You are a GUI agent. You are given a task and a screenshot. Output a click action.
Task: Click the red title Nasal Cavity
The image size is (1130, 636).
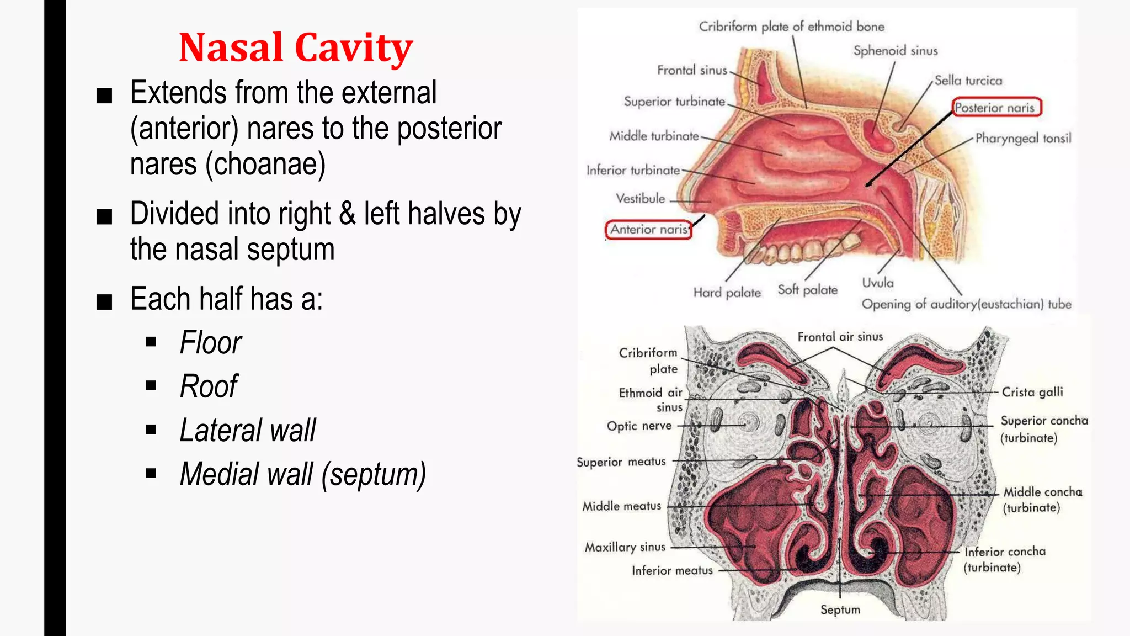coord(296,47)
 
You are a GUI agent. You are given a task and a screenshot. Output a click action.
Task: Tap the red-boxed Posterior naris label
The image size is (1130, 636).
coord(995,108)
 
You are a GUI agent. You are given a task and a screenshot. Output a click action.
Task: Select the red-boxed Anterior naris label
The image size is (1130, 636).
coord(649,230)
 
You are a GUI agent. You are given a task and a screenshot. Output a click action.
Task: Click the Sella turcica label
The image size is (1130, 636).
coord(968,81)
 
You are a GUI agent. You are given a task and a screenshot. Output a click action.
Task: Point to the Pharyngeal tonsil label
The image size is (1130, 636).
coord(1023,138)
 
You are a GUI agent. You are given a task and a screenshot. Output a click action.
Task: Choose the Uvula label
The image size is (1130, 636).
coord(877,283)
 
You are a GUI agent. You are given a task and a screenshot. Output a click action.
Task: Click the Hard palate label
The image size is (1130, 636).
coord(727,293)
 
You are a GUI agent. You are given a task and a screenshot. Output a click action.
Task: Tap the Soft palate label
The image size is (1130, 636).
coord(807,290)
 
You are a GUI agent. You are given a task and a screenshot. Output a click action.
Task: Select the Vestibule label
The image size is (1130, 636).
coord(640,199)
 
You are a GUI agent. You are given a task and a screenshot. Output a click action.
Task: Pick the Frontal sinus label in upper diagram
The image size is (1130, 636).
coord(692,70)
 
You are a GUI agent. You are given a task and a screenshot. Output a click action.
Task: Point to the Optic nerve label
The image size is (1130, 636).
coord(639,426)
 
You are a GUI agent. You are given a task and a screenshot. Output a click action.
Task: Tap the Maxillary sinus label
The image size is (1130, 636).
coord(625,547)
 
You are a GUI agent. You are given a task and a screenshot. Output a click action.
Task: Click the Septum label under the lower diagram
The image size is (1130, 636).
coord(840,609)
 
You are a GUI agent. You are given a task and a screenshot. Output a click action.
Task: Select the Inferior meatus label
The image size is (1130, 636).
coord(672,571)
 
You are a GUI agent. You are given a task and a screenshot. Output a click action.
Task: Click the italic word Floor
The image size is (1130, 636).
coord(211,343)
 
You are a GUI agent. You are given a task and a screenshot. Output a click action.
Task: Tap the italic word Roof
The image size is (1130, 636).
coord(209,386)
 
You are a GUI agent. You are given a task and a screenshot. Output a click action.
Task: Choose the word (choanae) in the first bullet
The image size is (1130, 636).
coord(265,165)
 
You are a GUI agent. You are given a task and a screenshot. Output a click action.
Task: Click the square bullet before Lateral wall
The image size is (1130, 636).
coord(151,430)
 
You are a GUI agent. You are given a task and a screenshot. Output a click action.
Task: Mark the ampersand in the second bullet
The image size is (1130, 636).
coord(347,214)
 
